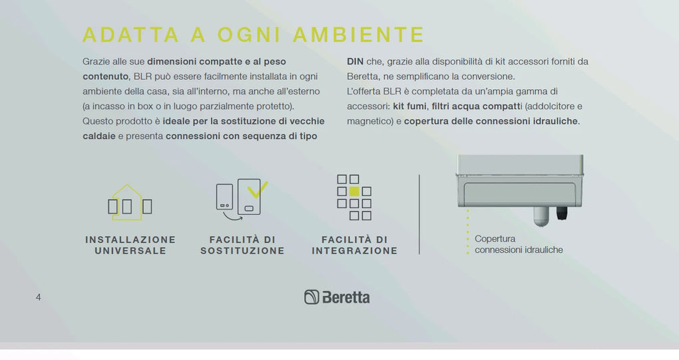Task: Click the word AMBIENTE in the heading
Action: coord(359,35)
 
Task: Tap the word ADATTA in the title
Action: coord(130,35)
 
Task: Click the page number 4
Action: coord(39,297)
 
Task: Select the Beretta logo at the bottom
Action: coord(337,297)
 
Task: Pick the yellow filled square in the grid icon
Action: coord(354,191)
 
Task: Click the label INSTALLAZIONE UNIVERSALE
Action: coord(130,246)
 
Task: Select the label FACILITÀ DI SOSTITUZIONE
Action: coord(242,246)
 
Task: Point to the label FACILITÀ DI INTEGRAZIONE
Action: coord(355,246)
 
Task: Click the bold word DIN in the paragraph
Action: coord(355,61)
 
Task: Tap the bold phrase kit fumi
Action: coord(409,106)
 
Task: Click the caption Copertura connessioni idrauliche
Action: coord(519,244)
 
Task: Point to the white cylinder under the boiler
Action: coord(541,216)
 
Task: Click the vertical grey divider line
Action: coord(419,214)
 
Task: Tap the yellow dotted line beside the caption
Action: coord(468,232)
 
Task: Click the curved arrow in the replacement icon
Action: coord(232,216)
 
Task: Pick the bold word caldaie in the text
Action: coord(99,136)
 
